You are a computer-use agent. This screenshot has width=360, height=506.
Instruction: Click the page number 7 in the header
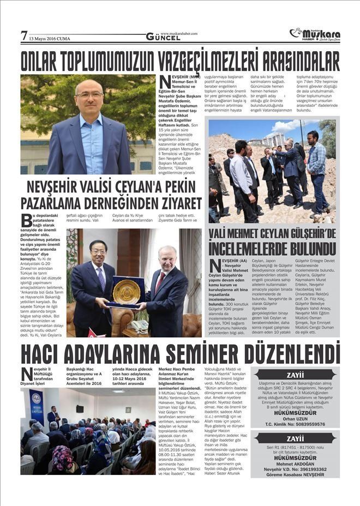pos(24,35)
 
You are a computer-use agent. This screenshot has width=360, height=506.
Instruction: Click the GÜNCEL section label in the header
pos(163,38)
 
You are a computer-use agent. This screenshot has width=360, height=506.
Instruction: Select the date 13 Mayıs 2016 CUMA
pos(49,39)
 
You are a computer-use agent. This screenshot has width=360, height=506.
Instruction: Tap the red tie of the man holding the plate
pos(159,284)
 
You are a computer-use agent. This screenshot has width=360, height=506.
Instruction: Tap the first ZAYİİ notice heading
pos(295,375)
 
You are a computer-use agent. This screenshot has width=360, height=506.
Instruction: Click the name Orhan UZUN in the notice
pos(295,418)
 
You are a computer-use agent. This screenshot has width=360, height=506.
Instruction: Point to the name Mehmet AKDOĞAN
pos(295,463)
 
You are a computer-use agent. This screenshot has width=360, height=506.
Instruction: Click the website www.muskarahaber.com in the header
pos(179,33)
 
